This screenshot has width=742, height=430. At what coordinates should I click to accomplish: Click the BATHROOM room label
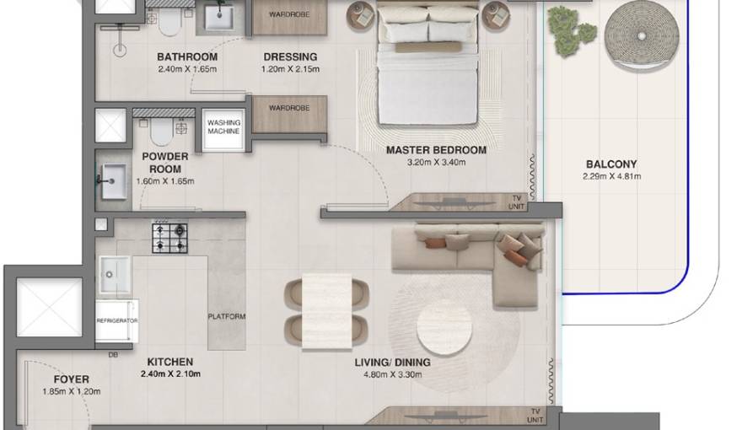tap(187, 56)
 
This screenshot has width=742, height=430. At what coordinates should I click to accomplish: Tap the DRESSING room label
tap(290, 56)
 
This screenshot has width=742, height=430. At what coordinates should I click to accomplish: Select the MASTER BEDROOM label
tap(436, 150)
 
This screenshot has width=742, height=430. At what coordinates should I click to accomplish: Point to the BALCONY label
tap(611, 164)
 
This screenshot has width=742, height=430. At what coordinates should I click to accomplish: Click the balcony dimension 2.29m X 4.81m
tap(612, 176)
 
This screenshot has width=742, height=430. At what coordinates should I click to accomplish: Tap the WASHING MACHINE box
tap(223, 130)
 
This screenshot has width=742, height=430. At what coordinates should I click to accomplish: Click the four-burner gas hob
tap(169, 238)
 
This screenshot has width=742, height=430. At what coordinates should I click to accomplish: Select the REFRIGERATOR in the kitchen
tap(117, 320)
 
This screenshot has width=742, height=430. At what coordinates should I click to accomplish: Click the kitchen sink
tap(114, 275)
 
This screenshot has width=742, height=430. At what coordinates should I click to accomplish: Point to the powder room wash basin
tap(114, 181)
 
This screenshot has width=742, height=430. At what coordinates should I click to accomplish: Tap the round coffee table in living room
tap(444, 327)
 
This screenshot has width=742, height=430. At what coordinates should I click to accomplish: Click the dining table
tap(326, 311)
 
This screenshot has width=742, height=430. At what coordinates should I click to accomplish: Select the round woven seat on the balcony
tap(642, 36)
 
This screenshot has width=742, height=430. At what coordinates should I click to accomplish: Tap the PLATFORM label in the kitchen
tap(227, 316)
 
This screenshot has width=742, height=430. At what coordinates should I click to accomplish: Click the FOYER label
tap(71, 379)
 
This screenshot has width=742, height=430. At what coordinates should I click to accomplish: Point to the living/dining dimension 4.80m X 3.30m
tap(392, 374)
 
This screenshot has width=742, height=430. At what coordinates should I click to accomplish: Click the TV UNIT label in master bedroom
tap(516, 202)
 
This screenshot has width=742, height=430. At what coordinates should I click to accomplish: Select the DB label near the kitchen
tap(113, 354)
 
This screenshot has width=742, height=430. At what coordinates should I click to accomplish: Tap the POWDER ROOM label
tap(165, 163)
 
